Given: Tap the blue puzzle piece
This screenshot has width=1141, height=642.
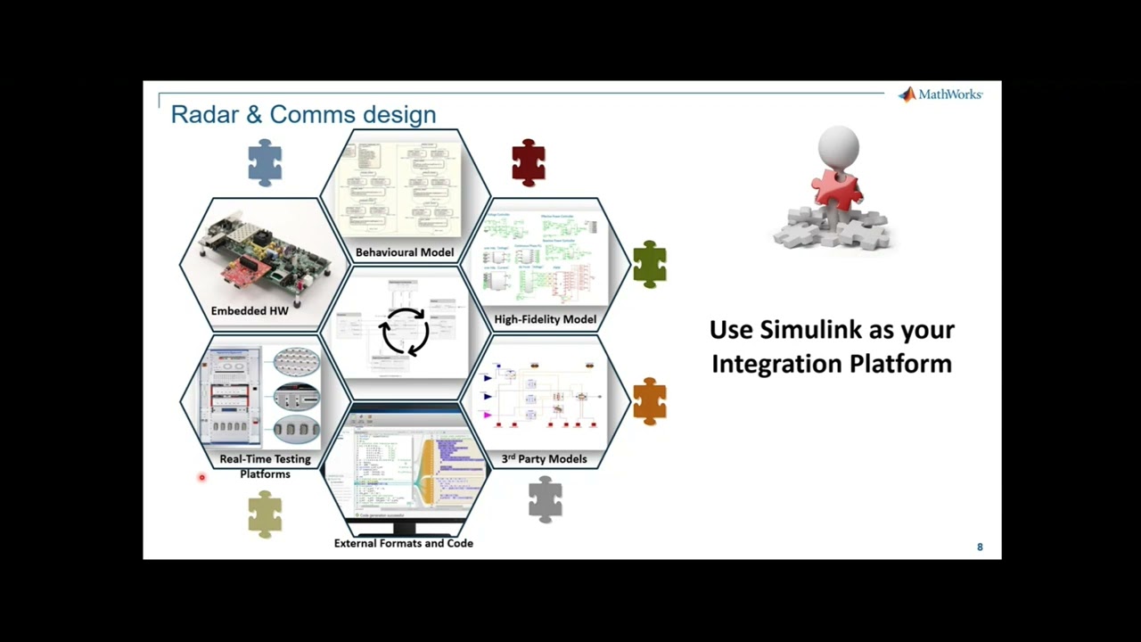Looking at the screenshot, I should pyautogui.click(x=265, y=163).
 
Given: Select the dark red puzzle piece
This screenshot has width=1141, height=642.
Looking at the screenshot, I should pyautogui.click(x=529, y=163).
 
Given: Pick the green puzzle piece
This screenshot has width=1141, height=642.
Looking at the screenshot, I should pyautogui.click(x=650, y=264).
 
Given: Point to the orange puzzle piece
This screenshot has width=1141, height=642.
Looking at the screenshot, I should pyautogui.click(x=650, y=400).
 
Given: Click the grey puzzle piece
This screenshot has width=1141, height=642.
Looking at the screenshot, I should pyautogui.click(x=545, y=499).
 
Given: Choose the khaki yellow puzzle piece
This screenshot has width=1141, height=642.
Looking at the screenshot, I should pyautogui.click(x=265, y=514).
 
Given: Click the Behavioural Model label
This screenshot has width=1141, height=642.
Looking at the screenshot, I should pyautogui.click(x=405, y=252).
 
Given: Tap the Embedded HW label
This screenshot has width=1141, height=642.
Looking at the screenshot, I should pyautogui.click(x=250, y=311).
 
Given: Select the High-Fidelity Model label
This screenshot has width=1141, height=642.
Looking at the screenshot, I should pyautogui.click(x=545, y=319).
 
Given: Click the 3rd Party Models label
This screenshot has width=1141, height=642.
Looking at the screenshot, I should pyautogui.click(x=544, y=459).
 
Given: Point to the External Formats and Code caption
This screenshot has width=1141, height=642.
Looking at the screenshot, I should pyautogui.click(x=403, y=543).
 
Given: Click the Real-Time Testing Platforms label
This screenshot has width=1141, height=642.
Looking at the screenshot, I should pyautogui.click(x=265, y=466).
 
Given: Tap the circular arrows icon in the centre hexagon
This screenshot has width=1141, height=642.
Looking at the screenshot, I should pyautogui.click(x=405, y=332).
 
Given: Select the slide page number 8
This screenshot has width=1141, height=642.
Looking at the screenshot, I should pyautogui.click(x=980, y=547).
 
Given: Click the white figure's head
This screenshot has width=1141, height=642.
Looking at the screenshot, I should pyautogui.click(x=838, y=145).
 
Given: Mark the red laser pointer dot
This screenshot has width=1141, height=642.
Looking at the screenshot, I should pyautogui.click(x=201, y=478).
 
